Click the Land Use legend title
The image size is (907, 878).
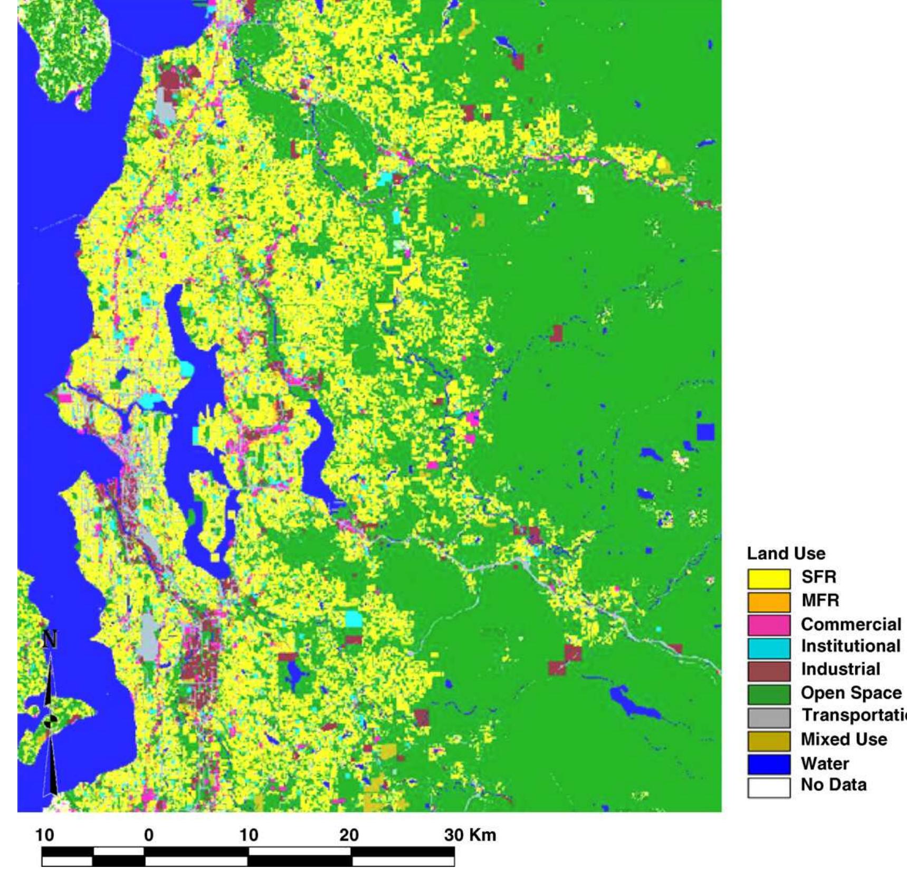pos(786,553)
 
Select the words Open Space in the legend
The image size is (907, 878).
pos(851,693)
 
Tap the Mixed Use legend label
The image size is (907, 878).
pos(844,739)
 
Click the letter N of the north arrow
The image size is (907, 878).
pos(50,640)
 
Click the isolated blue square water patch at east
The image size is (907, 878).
pos(705,432)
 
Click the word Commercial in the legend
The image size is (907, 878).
pos(851,624)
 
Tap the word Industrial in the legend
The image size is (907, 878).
pos(841,669)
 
